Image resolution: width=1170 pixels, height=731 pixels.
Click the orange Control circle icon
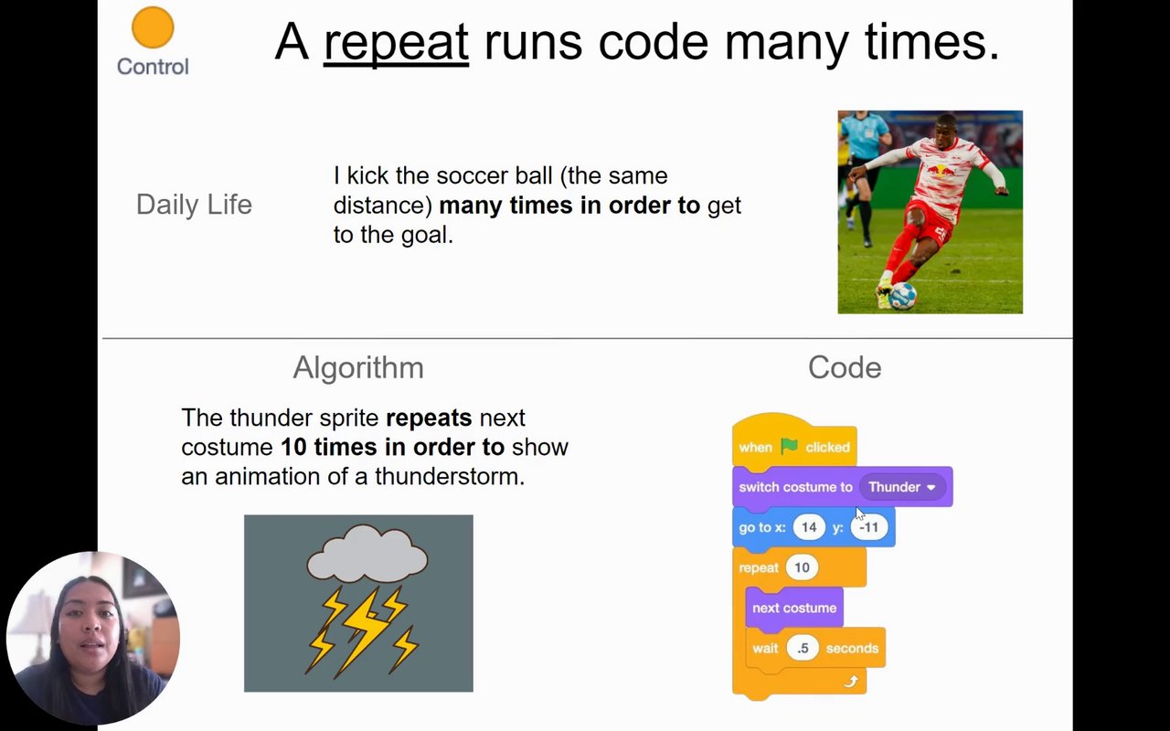pos(153,27)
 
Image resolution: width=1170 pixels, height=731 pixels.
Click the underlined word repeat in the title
pos(396,42)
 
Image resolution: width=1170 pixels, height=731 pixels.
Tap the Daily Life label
pos(194,204)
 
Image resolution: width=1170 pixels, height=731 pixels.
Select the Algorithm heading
pos(358,367)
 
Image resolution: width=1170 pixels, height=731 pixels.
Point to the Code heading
pos(845,367)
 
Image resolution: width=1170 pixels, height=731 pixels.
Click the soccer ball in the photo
pos(902,296)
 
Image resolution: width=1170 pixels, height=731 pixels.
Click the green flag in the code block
pos(789,446)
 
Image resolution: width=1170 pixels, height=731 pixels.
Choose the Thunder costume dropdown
pos(902,487)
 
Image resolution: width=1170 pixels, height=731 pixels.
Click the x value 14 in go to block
pos(809,527)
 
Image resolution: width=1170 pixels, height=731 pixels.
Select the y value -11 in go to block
pos(869,527)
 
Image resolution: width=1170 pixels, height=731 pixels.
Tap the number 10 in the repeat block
pos(802,567)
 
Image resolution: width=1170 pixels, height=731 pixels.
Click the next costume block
pos(794,608)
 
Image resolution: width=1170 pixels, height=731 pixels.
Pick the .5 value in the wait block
pos(803,649)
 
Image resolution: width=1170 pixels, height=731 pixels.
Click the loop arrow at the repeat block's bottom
pos(851,682)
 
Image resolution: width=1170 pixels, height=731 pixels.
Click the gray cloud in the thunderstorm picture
pos(367,554)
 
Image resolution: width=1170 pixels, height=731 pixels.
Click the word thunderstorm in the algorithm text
pos(450,476)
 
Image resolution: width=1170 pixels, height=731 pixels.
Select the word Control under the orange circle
pos(153,67)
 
